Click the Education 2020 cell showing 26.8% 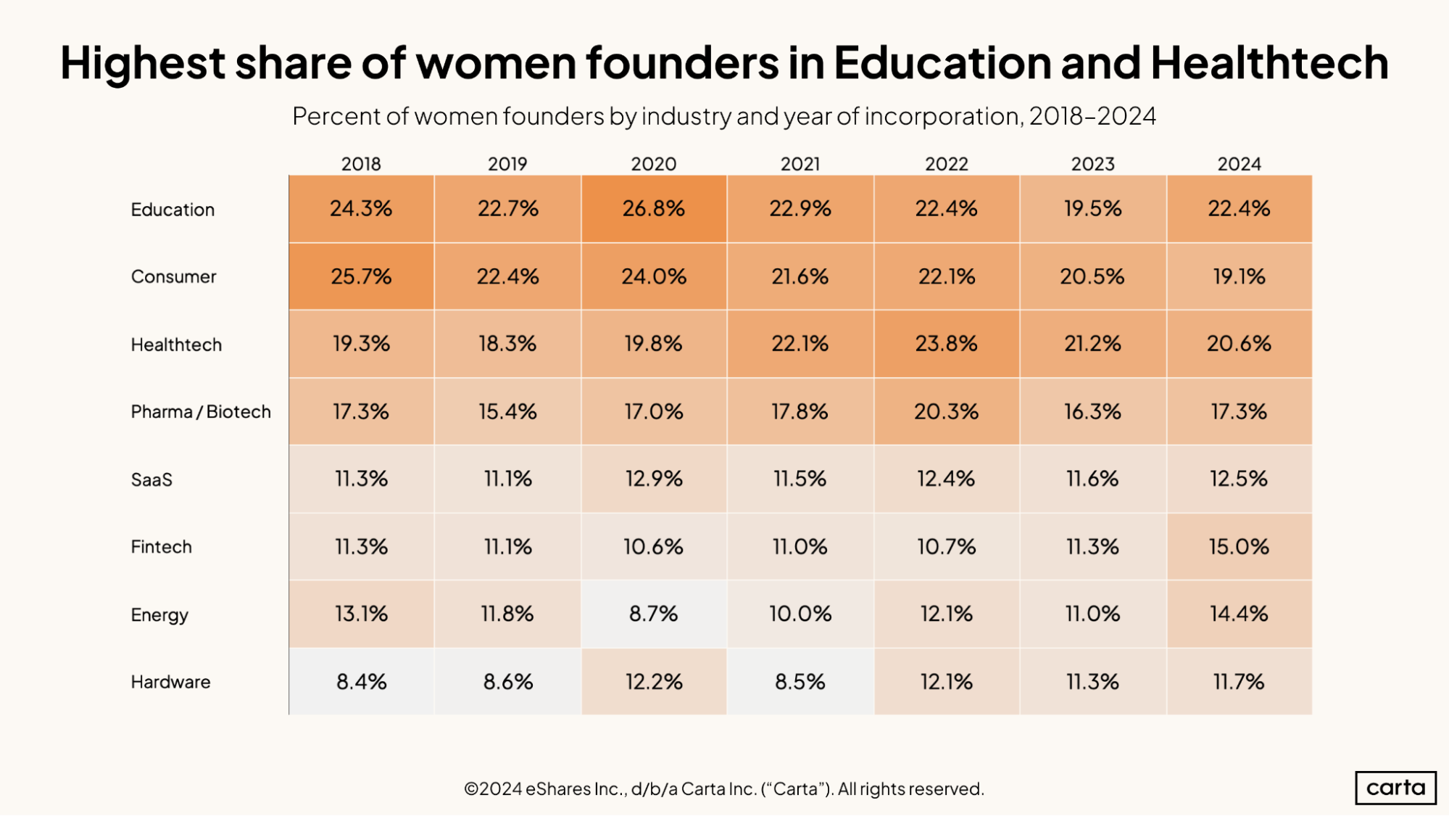coord(653,209)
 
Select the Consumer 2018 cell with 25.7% coord(361,276)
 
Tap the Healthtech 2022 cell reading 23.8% coord(946,344)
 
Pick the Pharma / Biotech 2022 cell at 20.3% coord(946,411)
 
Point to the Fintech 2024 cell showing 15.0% coord(1239,546)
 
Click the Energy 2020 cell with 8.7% coord(653,614)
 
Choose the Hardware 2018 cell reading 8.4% coord(361,682)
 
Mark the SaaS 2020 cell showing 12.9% coord(653,479)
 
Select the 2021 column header coord(800,164)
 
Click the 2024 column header coord(1239,164)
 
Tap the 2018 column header coord(361,164)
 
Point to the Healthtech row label coord(176,345)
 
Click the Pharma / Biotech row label coord(201,412)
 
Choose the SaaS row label coord(151,479)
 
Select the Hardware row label coord(170,682)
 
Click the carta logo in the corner coord(1395,788)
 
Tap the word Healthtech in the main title coord(1269,62)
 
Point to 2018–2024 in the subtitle coord(1092,116)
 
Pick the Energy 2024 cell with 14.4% coord(1239,614)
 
